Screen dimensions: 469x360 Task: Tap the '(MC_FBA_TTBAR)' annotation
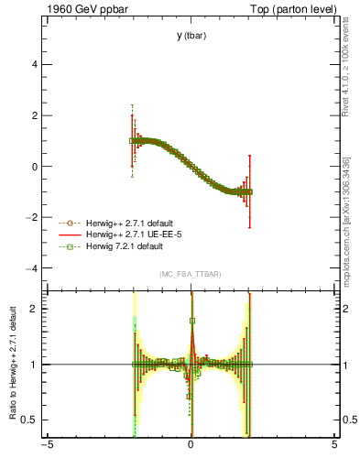(x=191, y=275)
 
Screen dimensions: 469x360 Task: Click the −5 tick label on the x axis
(x=47, y=448)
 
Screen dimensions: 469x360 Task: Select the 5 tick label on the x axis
(x=334, y=448)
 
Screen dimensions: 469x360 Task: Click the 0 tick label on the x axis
(x=191, y=448)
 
